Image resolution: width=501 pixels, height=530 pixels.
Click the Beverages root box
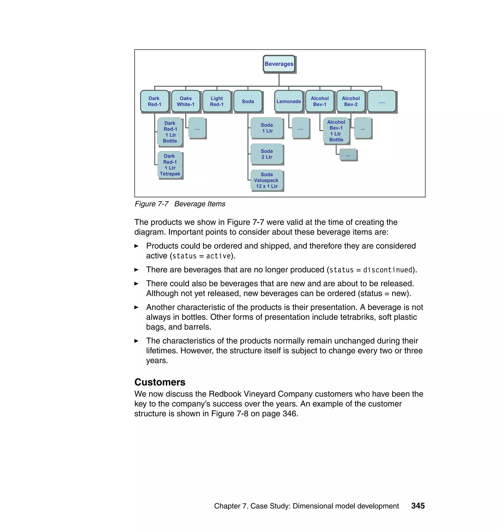tap(279, 64)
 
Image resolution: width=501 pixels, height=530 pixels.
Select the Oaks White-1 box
tap(186, 101)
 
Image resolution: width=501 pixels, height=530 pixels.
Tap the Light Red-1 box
tap(216, 101)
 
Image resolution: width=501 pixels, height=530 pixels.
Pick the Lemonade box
tap(288, 101)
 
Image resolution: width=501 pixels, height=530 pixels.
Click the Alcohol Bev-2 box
tap(351, 101)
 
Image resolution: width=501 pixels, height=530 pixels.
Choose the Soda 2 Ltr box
tap(267, 154)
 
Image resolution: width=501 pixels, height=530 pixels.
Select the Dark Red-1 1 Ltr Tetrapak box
tap(170, 165)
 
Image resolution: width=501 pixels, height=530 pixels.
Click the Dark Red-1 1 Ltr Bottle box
tap(170, 132)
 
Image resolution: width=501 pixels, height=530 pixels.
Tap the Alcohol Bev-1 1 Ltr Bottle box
tap(336, 131)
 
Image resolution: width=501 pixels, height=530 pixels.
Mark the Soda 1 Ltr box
tap(267, 128)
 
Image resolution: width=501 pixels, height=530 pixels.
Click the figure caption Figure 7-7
tap(151, 204)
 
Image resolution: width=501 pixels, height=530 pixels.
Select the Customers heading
tap(160, 382)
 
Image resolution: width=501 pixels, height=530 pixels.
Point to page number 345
tap(418, 506)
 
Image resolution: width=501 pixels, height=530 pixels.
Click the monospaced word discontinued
tap(387, 270)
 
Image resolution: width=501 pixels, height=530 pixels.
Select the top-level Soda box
tap(248, 101)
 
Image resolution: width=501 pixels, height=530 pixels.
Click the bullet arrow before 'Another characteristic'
tap(137, 308)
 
